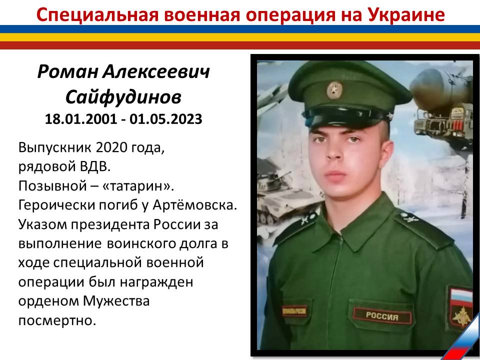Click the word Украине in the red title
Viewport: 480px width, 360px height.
tap(406, 14)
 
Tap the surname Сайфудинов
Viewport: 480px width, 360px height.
tap(123, 97)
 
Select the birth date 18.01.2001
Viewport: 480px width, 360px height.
tap(81, 119)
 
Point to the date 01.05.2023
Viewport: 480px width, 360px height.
tap(165, 119)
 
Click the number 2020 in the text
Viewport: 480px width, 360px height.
tap(111, 147)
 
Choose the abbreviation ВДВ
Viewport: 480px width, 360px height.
tap(95, 166)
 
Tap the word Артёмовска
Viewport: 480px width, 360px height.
tap(194, 204)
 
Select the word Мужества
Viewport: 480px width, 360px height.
tap(116, 301)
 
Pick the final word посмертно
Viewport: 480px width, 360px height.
tap(57, 320)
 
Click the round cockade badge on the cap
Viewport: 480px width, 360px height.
tap(334, 90)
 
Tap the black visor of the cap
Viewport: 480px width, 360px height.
tap(344, 117)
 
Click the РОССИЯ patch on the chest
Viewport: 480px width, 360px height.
tap(382, 316)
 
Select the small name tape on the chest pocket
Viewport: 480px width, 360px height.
tap(294, 311)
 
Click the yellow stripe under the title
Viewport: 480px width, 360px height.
tap(240, 37)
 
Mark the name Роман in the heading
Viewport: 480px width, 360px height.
tap(68, 72)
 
